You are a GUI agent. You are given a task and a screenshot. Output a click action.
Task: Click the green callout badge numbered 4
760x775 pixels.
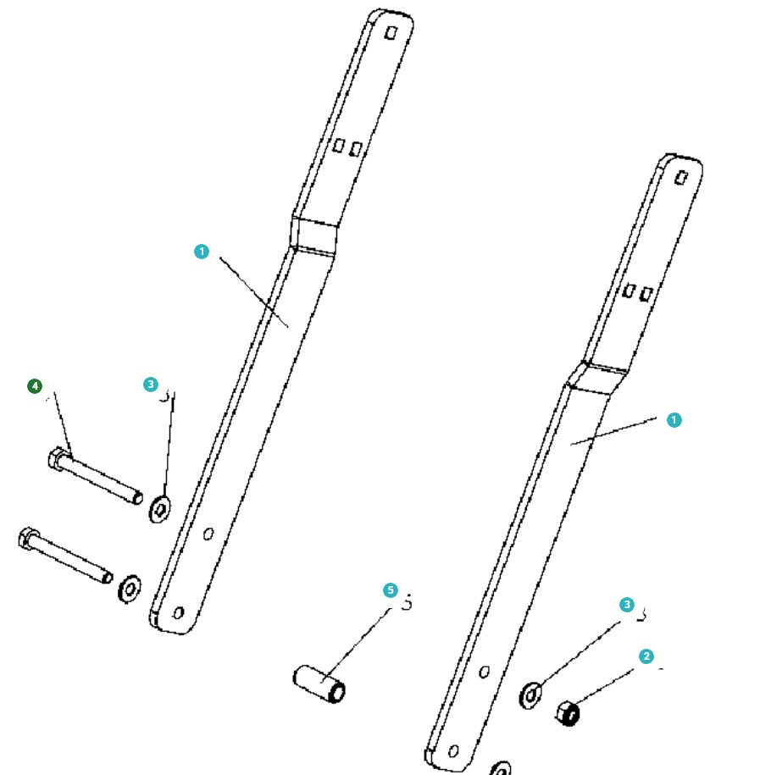34,386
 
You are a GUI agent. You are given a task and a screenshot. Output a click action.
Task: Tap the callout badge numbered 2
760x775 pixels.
646,656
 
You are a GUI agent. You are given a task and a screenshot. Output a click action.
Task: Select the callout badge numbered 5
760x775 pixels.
390,590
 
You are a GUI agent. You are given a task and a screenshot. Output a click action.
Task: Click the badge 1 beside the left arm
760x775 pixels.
201,252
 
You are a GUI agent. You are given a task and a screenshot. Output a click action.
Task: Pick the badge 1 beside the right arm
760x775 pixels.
674,420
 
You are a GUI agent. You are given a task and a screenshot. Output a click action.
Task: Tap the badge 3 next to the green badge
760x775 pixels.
151,385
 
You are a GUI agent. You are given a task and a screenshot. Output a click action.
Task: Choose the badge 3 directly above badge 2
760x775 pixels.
626,605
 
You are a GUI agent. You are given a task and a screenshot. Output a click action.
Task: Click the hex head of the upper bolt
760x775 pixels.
58,459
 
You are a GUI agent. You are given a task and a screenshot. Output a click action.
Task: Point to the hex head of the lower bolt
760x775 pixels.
27,538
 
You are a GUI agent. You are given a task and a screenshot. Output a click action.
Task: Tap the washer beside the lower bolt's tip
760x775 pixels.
130,587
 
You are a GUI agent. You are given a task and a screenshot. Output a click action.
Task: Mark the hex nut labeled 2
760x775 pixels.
569,713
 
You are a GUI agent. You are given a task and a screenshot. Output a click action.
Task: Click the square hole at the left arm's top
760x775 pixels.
391,32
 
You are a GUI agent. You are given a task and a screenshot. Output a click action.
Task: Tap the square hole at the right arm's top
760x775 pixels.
680,177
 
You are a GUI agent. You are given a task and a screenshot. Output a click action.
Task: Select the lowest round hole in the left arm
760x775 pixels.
178,612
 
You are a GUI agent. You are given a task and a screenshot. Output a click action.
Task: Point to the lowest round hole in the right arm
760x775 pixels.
454,751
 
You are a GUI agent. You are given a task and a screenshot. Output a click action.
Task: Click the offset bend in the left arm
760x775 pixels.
314,235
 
